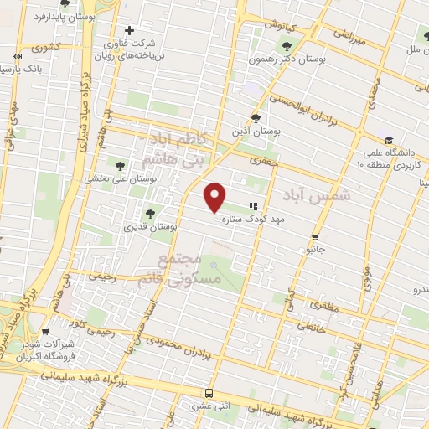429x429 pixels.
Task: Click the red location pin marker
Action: click(x=215, y=197)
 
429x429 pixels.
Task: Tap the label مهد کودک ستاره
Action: click(x=255, y=220)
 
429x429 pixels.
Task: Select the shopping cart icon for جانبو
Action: click(x=315, y=236)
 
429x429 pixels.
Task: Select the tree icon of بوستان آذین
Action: click(x=256, y=118)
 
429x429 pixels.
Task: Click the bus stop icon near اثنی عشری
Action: click(x=209, y=393)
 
